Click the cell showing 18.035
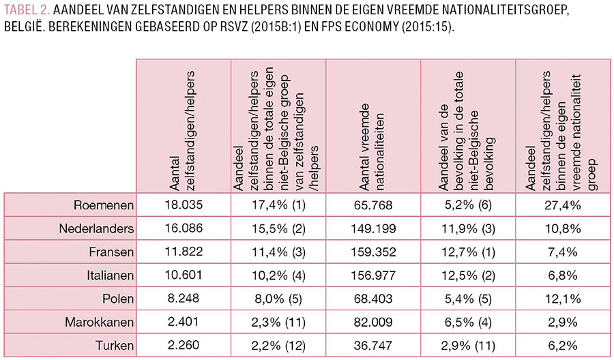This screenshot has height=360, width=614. click(x=183, y=204)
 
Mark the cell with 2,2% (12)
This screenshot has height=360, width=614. click(x=278, y=345)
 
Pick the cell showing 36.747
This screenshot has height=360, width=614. click(x=373, y=345)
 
